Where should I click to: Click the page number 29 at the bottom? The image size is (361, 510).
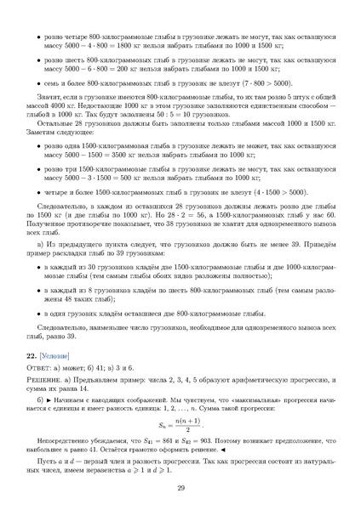pyautogui.click(x=180, y=487)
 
